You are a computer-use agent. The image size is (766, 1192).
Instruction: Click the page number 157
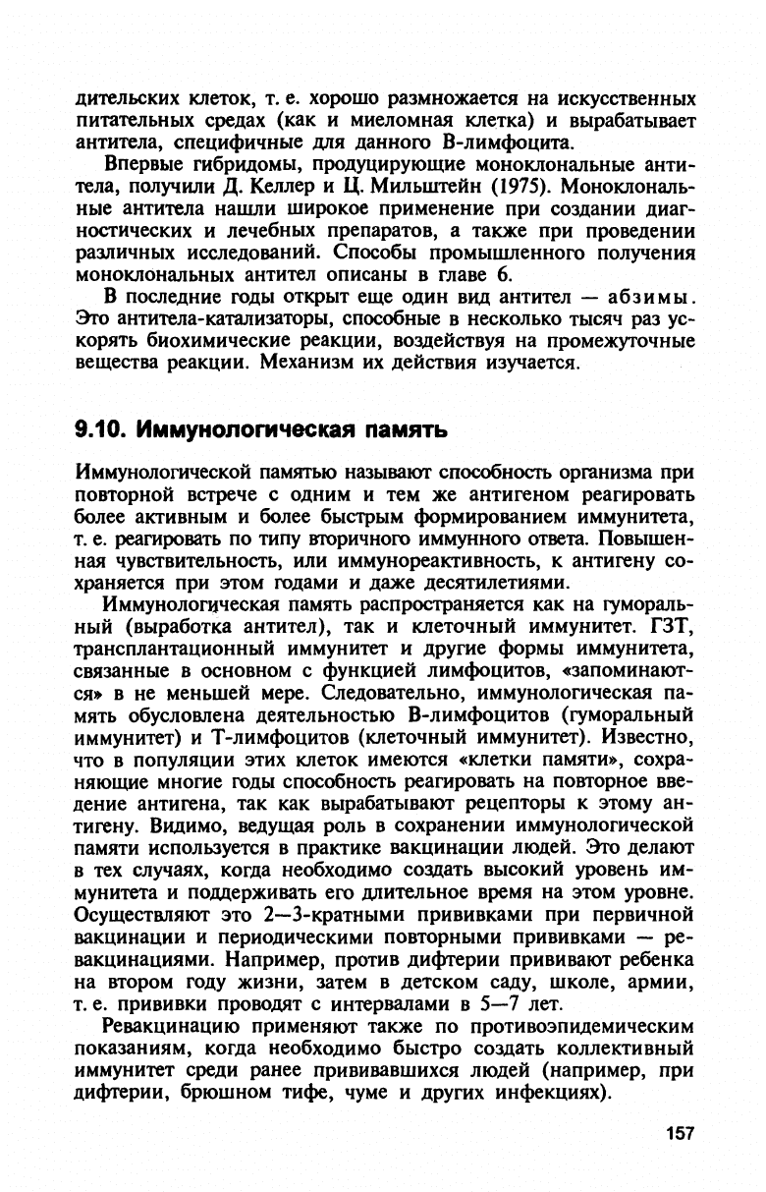click(x=679, y=1133)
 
